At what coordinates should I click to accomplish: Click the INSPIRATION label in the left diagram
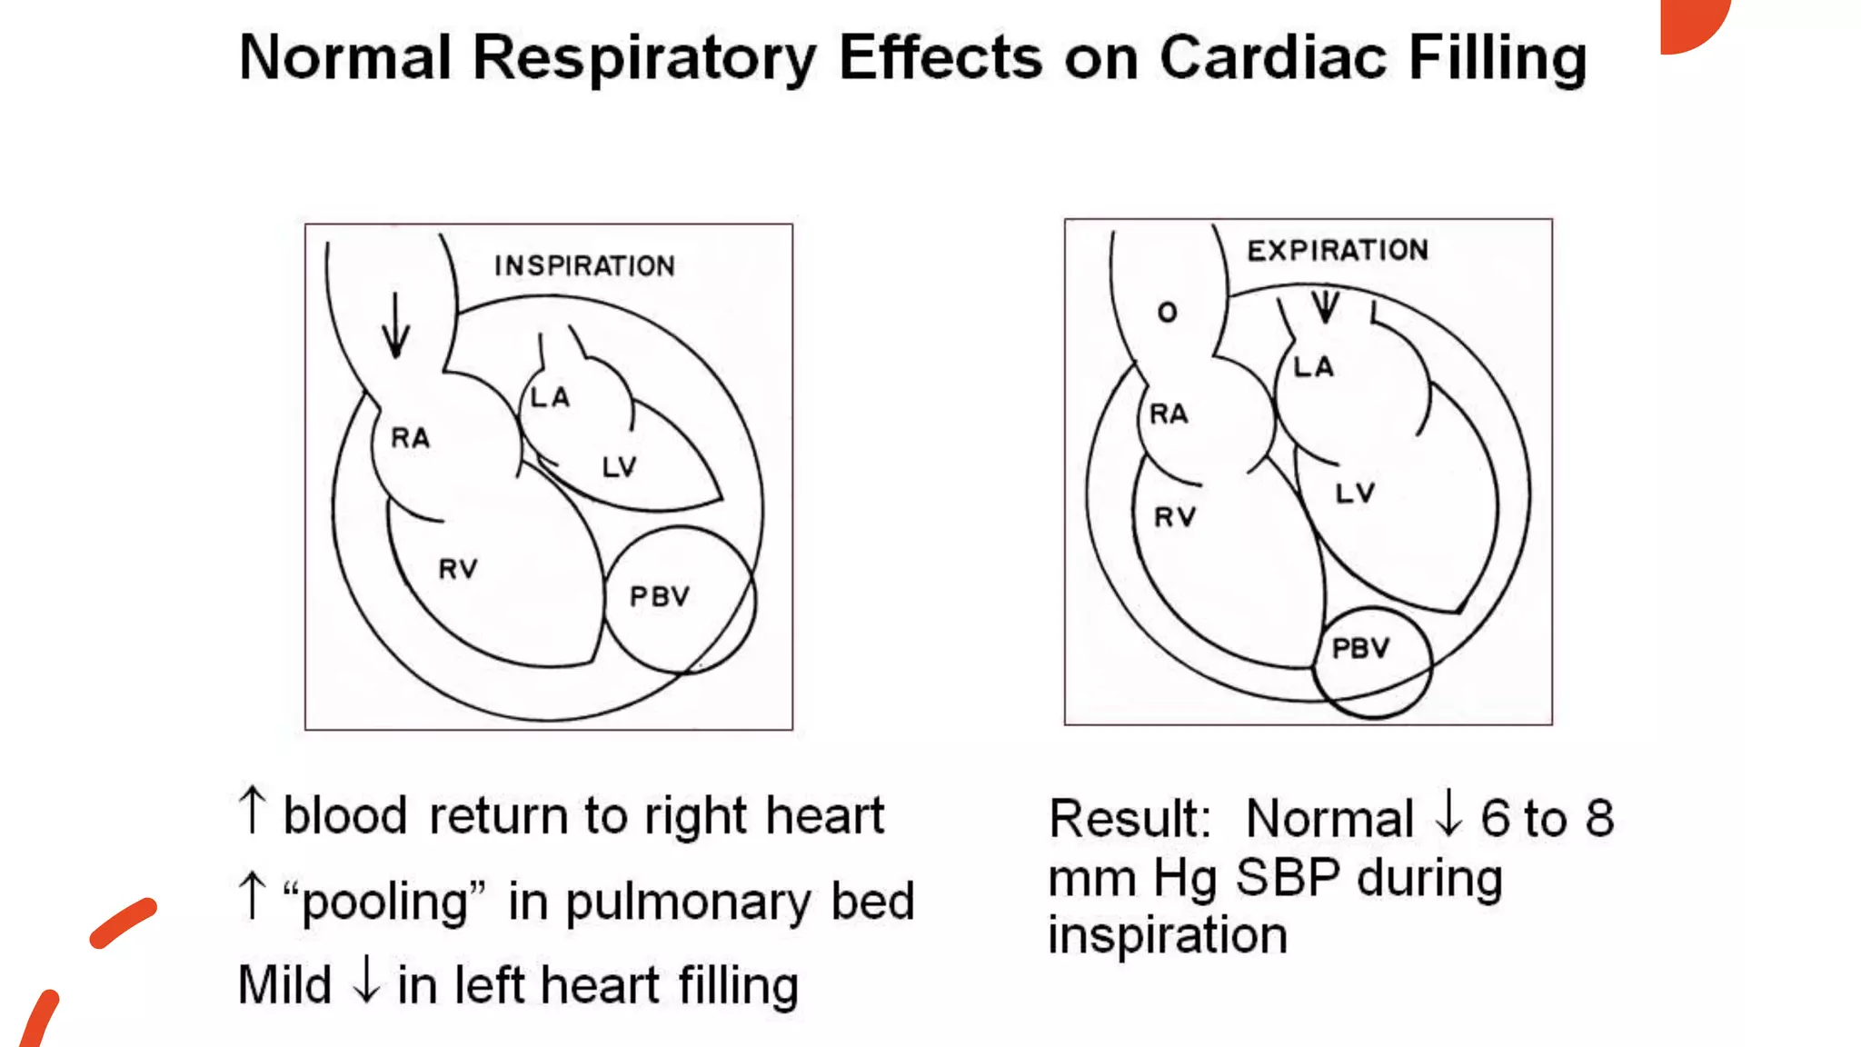[x=584, y=265]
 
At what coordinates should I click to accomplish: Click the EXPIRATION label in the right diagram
[x=1338, y=250]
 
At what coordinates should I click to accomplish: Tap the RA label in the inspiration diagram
[x=410, y=438]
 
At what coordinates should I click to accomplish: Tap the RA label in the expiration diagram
[x=1169, y=414]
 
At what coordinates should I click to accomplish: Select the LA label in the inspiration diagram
[x=551, y=397]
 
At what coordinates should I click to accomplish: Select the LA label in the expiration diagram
[x=1314, y=367]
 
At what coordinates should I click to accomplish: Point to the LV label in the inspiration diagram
[x=620, y=467]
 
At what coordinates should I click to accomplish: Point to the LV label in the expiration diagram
[x=1355, y=494]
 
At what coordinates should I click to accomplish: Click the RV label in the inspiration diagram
[x=458, y=569]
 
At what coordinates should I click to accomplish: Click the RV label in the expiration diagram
[x=1175, y=518]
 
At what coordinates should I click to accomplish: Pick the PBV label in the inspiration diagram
[x=660, y=597]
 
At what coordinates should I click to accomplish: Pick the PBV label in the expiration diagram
[x=1360, y=648]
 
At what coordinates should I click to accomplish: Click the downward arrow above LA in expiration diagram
[x=1326, y=306]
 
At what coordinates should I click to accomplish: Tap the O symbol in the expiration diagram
[x=1168, y=313]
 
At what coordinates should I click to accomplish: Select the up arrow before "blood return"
[x=252, y=810]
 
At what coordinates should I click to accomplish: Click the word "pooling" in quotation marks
[x=384, y=902]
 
